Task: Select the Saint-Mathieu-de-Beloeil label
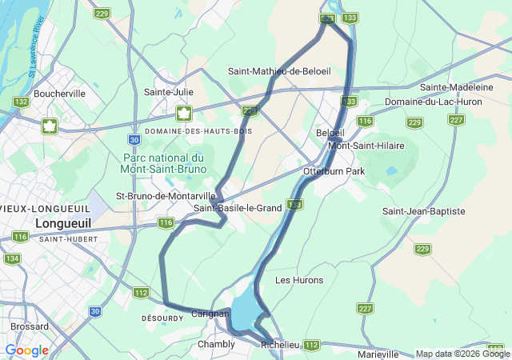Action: point(279,71)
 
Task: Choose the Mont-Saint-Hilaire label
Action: point(367,146)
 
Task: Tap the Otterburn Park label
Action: point(334,171)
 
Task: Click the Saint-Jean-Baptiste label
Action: point(423,211)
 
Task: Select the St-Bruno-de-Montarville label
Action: point(166,195)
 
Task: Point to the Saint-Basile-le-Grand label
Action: point(238,208)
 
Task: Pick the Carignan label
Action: point(210,314)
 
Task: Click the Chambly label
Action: point(216,345)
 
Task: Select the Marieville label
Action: point(378,354)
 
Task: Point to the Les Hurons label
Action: point(299,280)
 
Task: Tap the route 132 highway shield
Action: point(21,102)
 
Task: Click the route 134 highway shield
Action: point(11,258)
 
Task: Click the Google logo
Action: point(26,350)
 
